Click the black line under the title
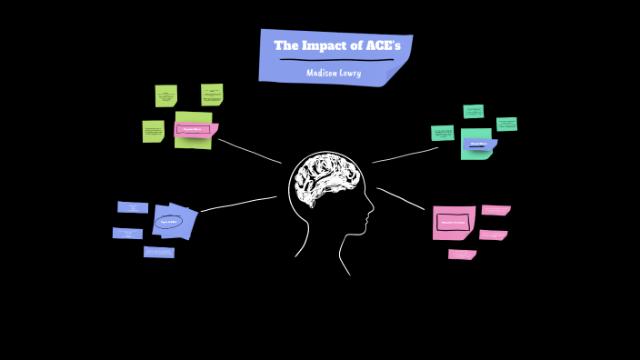(x=336, y=60)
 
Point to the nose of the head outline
(x=371, y=216)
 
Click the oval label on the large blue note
(x=169, y=221)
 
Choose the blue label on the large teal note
(x=478, y=144)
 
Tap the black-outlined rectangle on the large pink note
(x=453, y=222)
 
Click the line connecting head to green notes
(x=250, y=151)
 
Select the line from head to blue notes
(x=238, y=204)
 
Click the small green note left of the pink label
(x=153, y=132)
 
